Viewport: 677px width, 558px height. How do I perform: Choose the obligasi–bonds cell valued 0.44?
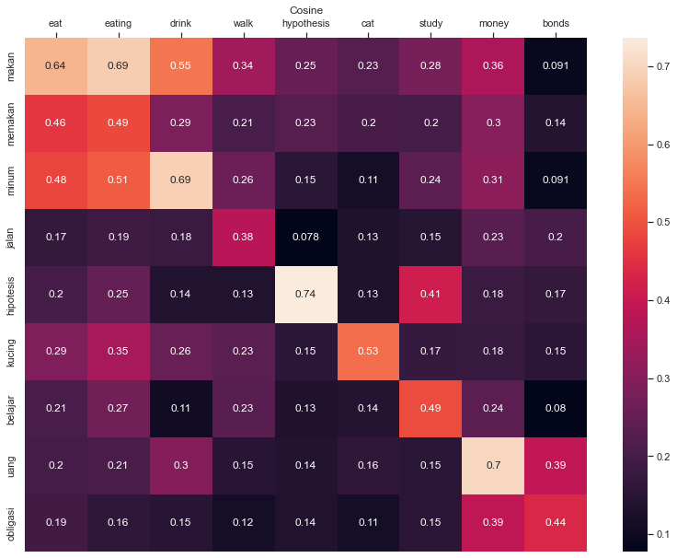[x=557, y=523]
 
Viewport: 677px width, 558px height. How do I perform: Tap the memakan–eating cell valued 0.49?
[x=119, y=123]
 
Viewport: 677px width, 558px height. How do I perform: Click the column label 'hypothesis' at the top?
[x=306, y=23]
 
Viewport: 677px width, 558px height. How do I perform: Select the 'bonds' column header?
[x=557, y=23]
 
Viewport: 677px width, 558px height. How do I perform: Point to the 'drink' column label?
[x=181, y=23]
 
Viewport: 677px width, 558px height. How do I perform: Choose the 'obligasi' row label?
[x=12, y=523]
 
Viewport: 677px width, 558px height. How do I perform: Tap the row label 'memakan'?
[x=12, y=123]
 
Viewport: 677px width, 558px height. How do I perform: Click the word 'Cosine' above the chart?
[x=306, y=10]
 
